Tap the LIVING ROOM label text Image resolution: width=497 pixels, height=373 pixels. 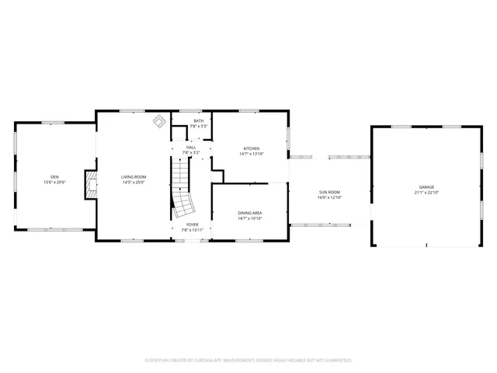click(134, 177)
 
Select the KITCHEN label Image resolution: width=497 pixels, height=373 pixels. click(251, 148)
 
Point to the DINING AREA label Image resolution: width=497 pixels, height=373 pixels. click(250, 213)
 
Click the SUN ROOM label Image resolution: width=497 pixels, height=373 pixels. click(329, 192)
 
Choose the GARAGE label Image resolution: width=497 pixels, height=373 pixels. click(426, 187)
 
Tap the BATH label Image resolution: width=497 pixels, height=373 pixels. click(199, 120)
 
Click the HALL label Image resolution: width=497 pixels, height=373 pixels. click(191, 147)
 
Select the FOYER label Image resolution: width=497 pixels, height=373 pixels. click(192, 225)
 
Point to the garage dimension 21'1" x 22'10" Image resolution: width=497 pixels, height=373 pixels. click(426, 193)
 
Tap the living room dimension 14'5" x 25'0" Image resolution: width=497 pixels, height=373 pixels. click(134, 183)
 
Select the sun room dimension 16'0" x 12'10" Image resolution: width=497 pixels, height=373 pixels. click(329, 197)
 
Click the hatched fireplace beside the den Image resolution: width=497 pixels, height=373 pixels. click(92, 185)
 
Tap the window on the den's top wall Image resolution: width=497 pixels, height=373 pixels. click(53, 122)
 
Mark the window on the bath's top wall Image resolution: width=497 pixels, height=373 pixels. click(199, 110)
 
